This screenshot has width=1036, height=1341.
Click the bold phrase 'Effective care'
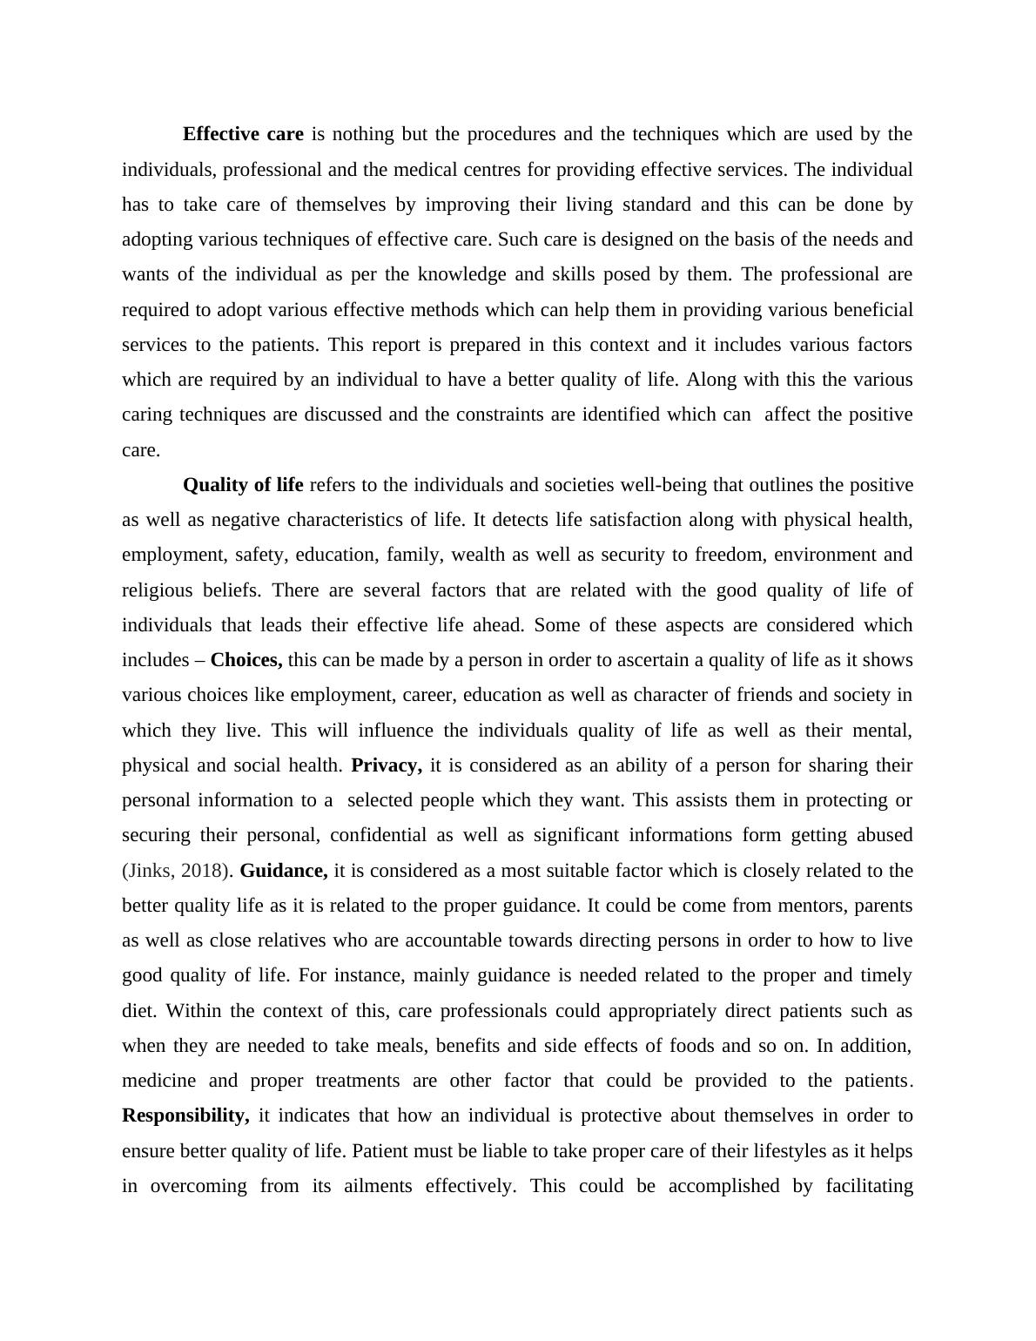click(x=243, y=134)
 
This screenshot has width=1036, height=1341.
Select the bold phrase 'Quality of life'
click(x=243, y=485)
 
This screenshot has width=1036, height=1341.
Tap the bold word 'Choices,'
click(x=246, y=660)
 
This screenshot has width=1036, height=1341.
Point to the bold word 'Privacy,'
click(x=387, y=765)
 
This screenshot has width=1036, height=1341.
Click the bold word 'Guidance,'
click(x=284, y=871)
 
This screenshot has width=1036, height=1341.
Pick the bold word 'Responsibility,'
click(x=185, y=1115)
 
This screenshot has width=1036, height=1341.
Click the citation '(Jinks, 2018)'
click(x=178, y=871)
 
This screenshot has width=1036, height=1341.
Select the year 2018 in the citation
click(x=205, y=871)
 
